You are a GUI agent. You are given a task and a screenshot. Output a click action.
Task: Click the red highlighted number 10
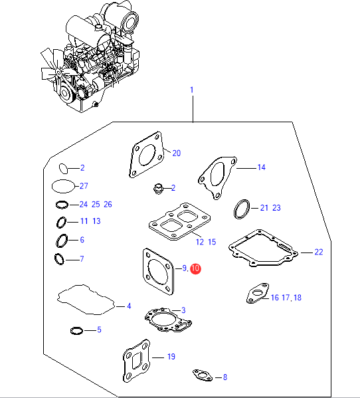(x=195, y=268)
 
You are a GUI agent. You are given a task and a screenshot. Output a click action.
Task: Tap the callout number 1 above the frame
(x=192, y=90)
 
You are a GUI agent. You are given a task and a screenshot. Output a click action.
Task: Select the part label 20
(x=176, y=153)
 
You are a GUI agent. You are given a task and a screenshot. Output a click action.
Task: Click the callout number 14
(x=261, y=167)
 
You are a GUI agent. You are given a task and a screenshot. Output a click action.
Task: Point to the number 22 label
(x=319, y=252)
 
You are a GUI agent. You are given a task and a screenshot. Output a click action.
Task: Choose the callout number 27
(x=84, y=186)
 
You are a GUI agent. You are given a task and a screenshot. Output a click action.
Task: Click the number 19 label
(x=171, y=357)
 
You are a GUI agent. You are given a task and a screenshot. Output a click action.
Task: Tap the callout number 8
(x=225, y=377)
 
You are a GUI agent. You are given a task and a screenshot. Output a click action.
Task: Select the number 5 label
(x=99, y=330)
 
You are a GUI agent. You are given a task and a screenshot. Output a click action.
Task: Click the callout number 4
(x=129, y=306)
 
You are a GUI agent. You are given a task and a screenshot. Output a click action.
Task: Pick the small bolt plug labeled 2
(x=158, y=189)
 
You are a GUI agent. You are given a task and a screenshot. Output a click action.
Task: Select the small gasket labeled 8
(x=203, y=375)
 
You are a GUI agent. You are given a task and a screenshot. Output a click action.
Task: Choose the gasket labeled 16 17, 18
(x=258, y=293)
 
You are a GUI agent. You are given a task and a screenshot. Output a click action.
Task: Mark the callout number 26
(x=108, y=205)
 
